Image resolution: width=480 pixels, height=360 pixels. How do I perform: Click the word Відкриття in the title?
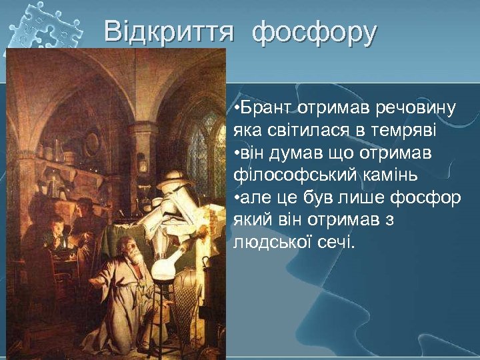coord(169,31)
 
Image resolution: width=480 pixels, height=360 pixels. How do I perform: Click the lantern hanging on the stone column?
coord(142,162)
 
